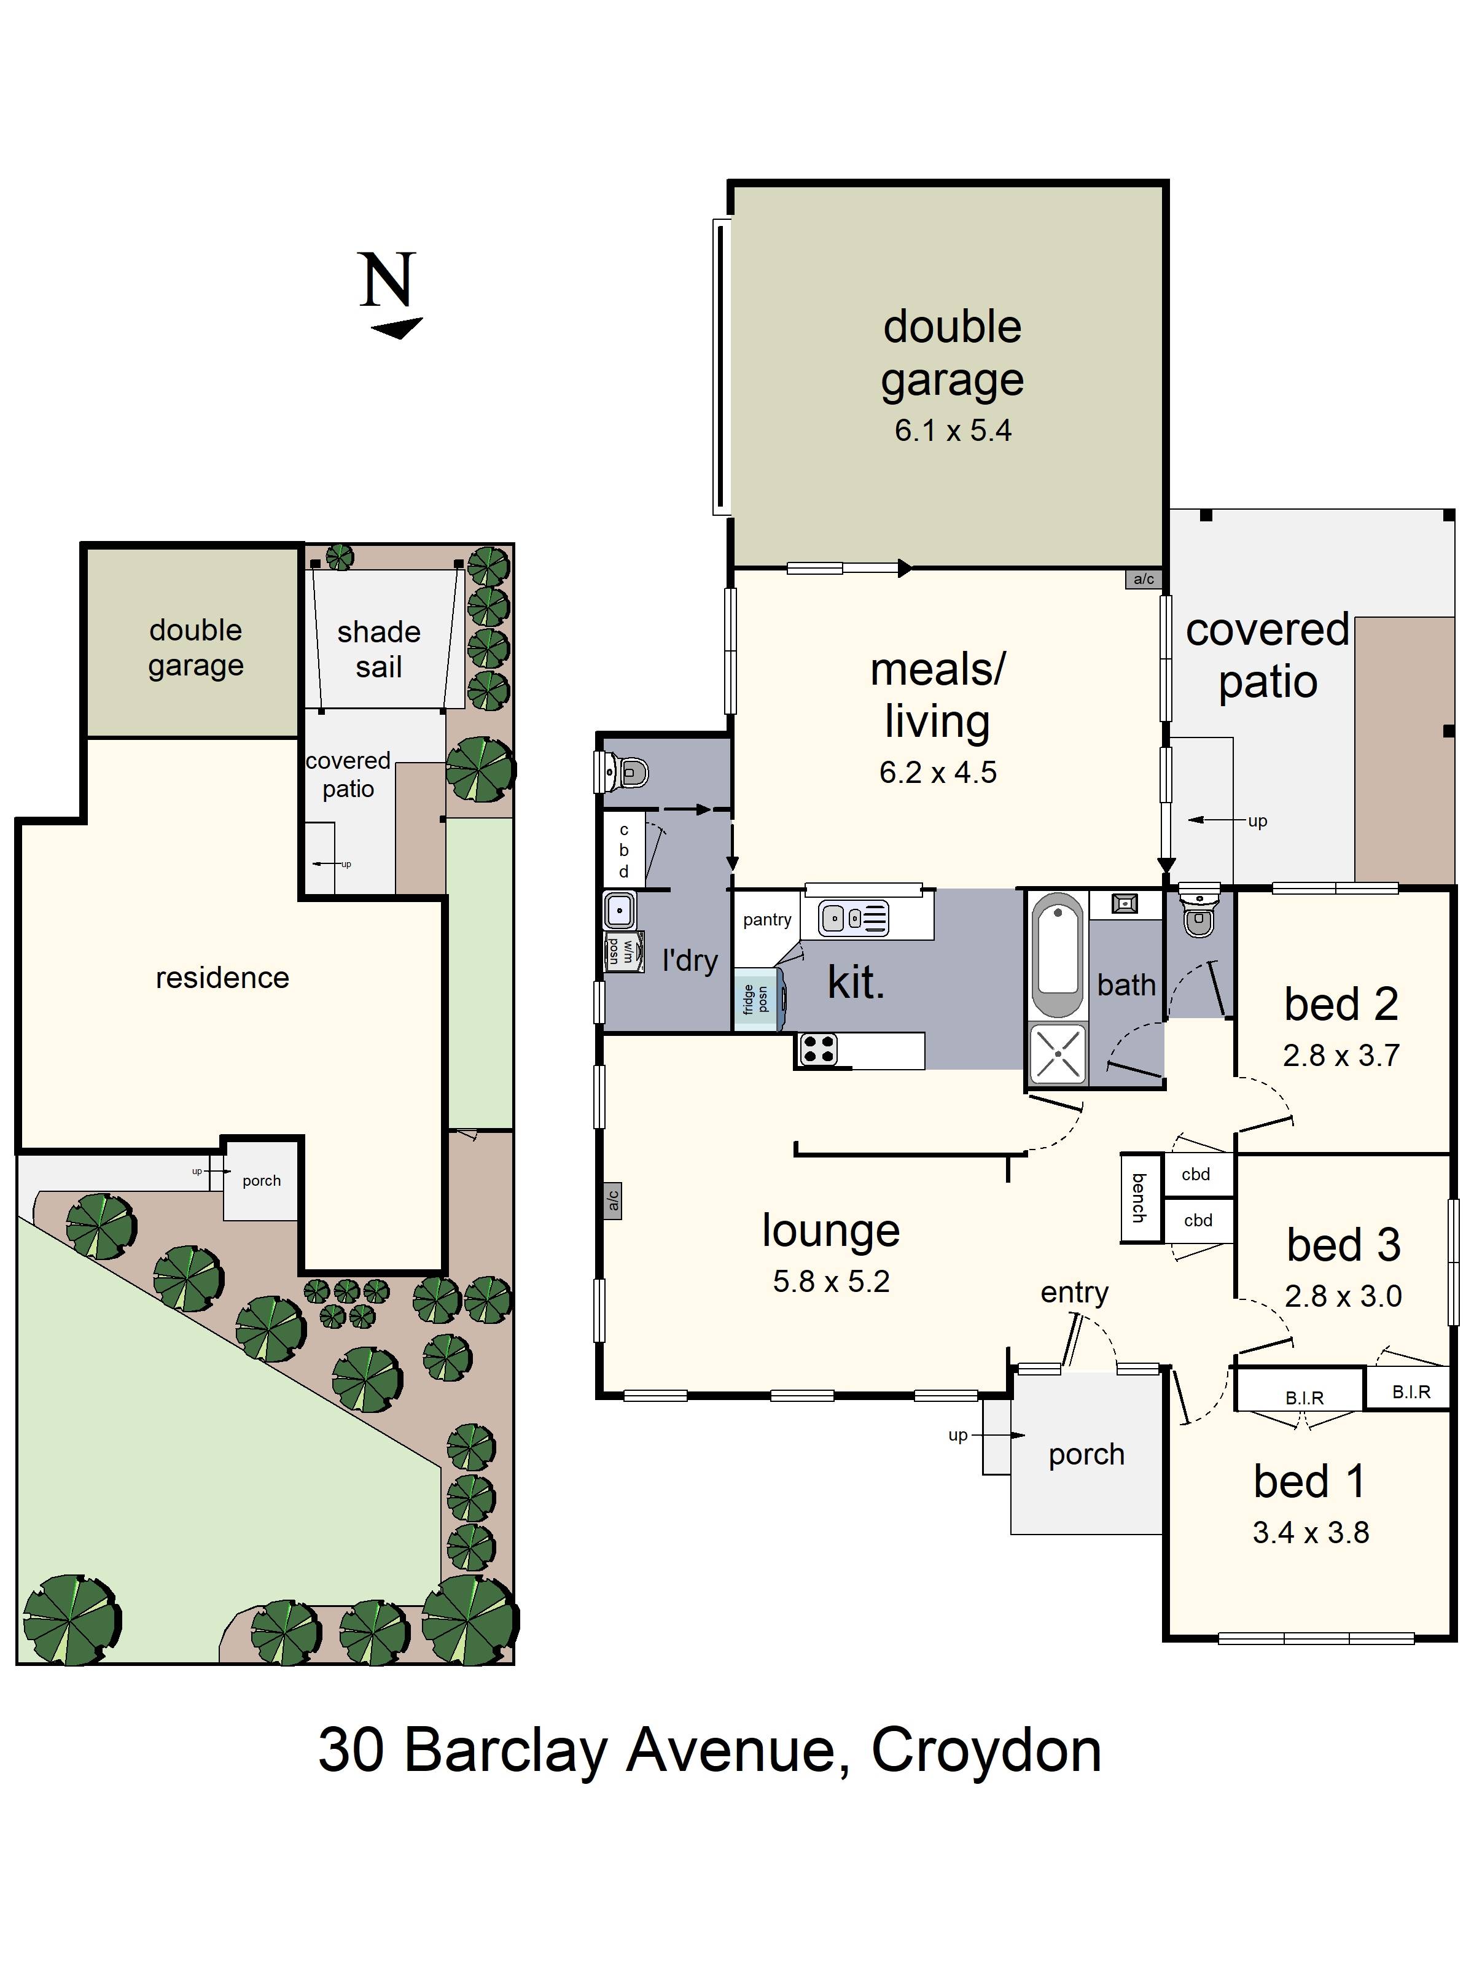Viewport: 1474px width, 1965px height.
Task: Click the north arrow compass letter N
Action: pyautogui.click(x=388, y=280)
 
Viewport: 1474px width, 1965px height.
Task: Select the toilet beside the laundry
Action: pyautogui.click(x=624, y=771)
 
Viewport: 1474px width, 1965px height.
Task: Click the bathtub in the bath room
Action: pyautogui.click(x=1058, y=955)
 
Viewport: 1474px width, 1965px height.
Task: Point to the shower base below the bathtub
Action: pyautogui.click(x=1058, y=1054)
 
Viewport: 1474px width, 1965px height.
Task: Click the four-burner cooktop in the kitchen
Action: pyautogui.click(x=817, y=1050)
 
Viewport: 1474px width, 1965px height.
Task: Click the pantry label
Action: pyautogui.click(x=766, y=919)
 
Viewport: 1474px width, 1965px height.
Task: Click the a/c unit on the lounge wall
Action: pyautogui.click(x=612, y=1201)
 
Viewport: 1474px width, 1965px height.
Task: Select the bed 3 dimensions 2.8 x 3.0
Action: pyautogui.click(x=1343, y=1296)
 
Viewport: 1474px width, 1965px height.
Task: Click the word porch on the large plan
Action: pyautogui.click(x=1086, y=1454)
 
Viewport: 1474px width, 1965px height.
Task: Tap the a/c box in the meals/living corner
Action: pyautogui.click(x=1144, y=579)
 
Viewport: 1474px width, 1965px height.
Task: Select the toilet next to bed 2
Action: pyautogui.click(x=1199, y=913)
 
